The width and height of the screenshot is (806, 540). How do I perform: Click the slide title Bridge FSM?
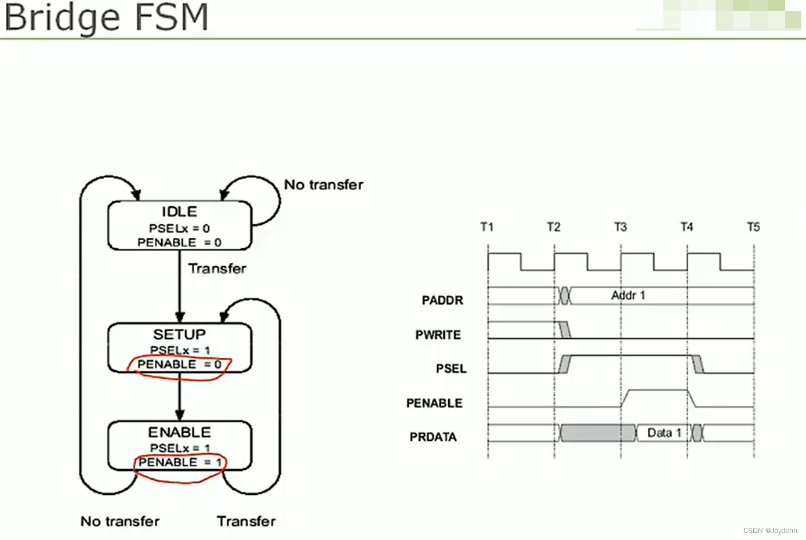pyautogui.click(x=106, y=17)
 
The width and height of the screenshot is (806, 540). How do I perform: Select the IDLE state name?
pyautogui.click(x=179, y=212)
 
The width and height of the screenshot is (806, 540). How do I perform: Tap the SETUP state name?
pyautogui.click(x=179, y=335)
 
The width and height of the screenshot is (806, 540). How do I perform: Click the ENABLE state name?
pyautogui.click(x=179, y=433)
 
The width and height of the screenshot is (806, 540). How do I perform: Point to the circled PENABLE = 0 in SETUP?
pyautogui.click(x=179, y=365)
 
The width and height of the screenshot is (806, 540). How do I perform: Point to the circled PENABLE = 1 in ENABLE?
pyautogui.click(x=180, y=463)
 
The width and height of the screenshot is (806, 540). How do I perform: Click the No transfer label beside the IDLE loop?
pyautogui.click(x=324, y=185)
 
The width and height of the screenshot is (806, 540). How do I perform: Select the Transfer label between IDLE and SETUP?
pyautogui.click(x=217, y=269)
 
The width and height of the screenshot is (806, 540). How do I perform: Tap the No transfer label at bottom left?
pyautogui.click(x=119, y=521)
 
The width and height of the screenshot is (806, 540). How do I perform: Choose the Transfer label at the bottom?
pyautogui.click(x=246, y=521)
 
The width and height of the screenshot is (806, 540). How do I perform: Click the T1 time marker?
pyautogui.click(x=486, y=227)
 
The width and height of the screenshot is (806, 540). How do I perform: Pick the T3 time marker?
pyautogui.click(x=620, y=227)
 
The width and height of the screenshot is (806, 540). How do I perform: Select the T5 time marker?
pyautogui.click(x=753, y=227)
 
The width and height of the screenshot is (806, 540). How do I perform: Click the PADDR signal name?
pyautogui.click(x=442, y=300)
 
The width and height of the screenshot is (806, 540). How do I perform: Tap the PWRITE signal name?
pyautogui.click(x=438, y=335)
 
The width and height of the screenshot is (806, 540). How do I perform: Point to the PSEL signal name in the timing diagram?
pyautogui.click(x=451, y=369)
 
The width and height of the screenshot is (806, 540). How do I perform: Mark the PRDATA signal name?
pyautogui.click(x=433, y=437)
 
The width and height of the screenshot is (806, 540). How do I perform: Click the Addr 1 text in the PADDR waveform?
pyautogui.click(x=628, y=296)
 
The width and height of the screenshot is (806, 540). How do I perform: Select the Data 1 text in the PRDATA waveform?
pyautogui.click(x=664, y=433)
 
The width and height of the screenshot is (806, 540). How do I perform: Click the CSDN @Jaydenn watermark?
pyautogui.click(x=769, y=531)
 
